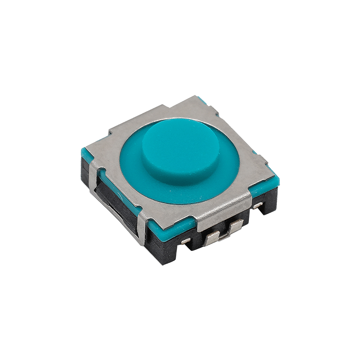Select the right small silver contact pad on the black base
257,206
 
